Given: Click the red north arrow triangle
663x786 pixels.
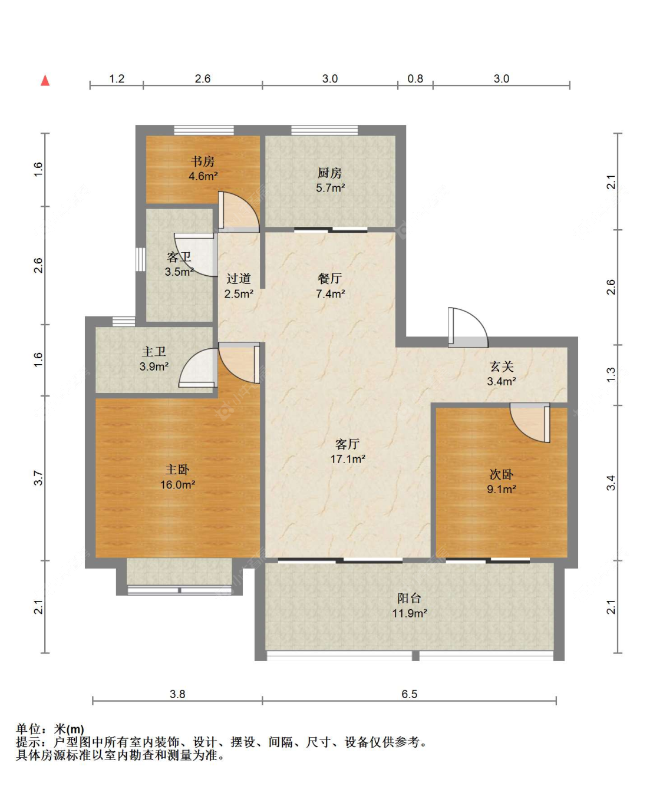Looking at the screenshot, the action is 45,81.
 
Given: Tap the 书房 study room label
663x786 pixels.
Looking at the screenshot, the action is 203,161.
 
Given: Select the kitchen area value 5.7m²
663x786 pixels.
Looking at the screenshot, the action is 330,187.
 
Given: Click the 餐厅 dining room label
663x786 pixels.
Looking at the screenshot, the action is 330,279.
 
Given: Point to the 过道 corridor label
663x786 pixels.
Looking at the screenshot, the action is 238,279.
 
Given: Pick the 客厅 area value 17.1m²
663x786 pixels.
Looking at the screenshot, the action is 348,459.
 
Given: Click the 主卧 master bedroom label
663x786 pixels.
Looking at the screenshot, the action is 177,470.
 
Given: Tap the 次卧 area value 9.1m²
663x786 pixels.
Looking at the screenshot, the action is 501,489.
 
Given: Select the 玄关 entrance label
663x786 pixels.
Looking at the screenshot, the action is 502,366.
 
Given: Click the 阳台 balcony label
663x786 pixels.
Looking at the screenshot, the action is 409,598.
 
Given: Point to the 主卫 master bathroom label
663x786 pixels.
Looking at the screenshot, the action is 154,352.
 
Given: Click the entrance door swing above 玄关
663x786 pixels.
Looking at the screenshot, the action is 467,327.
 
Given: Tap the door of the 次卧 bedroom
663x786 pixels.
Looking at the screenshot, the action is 530,422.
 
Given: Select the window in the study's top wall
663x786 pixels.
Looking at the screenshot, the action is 204,130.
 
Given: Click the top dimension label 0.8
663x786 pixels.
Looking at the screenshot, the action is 415,79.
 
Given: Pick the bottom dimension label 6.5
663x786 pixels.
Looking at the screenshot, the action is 409,693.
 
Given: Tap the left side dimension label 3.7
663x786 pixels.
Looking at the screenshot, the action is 39,478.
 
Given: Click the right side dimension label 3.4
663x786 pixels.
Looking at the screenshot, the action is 611,483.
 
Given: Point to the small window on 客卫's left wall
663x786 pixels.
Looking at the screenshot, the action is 140,259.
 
